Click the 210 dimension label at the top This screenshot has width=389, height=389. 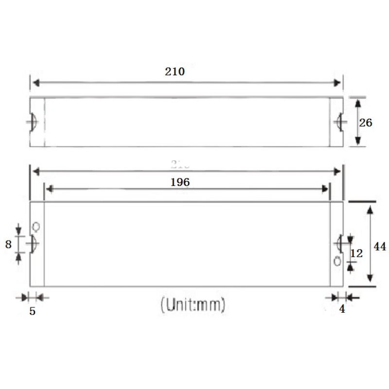175,71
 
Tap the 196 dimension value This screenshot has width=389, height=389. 180,182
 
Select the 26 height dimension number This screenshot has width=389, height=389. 366,123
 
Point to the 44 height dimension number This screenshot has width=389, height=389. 380,247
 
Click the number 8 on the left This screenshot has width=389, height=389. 8,245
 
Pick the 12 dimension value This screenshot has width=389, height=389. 356,253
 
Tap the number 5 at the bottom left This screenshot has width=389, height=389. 32,312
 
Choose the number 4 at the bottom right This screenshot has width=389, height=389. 342,309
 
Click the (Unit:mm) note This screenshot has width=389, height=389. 193,305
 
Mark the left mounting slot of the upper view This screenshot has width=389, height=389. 33,122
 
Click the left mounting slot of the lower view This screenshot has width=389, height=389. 33,243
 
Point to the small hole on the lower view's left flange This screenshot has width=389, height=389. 35,227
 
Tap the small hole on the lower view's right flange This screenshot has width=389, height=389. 336,262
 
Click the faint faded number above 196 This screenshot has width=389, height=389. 179,164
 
